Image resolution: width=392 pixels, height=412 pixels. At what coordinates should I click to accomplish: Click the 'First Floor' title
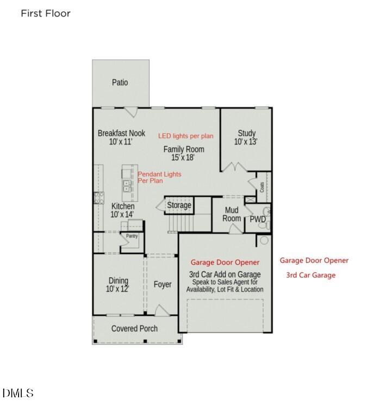(x=46, y=14)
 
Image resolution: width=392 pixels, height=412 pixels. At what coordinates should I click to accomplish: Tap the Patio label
(x=120, y=83)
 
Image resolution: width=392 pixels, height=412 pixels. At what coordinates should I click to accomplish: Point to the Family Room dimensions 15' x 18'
(x=184, y=158)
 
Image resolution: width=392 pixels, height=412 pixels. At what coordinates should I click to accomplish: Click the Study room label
(x=246, y=133)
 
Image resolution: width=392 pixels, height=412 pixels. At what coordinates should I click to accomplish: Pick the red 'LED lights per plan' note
(x=186, y=136)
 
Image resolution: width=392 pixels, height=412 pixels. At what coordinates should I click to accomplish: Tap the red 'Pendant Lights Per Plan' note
(x=159, y=177)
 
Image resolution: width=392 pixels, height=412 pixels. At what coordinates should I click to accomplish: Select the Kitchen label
(x=123, y=207)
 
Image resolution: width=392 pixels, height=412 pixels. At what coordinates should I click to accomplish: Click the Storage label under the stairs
(x=179, y=205)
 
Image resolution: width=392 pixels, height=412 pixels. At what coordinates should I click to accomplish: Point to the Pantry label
(x=132, y=236)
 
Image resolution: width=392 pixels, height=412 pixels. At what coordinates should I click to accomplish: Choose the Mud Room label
(x=232, y=214)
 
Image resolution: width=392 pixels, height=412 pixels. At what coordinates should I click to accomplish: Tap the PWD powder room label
(x=257, y=219)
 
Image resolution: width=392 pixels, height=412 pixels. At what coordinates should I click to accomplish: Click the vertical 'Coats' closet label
(x=262, y=187)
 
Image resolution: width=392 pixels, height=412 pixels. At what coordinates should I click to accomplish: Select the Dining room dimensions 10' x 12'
(x=117, y=289)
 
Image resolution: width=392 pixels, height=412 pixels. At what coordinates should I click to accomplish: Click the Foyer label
(x=163, y=284)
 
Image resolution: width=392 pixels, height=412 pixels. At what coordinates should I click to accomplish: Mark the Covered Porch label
(x=134, y=328)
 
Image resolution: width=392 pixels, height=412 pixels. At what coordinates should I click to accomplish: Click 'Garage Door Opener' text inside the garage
(x=225, y=263)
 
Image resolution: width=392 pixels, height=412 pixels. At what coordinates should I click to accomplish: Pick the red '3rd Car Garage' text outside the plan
(x=311, y=275)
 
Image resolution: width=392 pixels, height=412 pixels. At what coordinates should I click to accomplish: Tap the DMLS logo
(x=18, y=393)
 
